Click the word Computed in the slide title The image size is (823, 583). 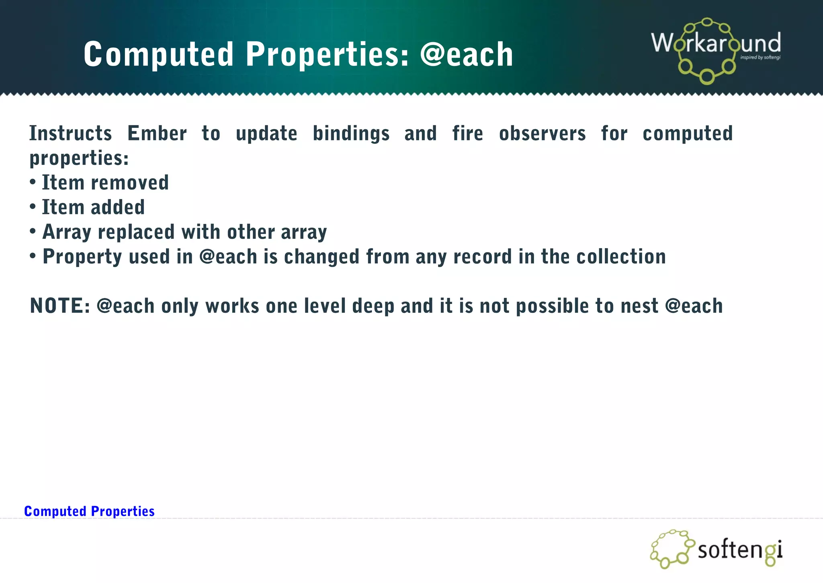click(x=158, y=55)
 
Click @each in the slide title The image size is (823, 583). click(x=467, y=55)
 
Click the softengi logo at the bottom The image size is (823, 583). click(x=717, y=549)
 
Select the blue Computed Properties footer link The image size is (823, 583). click(x=89, y=511)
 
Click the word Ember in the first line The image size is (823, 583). click(x=157, y=133)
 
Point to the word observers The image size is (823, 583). click(x=543, y=133)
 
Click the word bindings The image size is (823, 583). click(x=351, y=133)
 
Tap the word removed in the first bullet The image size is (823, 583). click(x=130, y=183)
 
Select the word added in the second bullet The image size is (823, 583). click(x=118, y=207)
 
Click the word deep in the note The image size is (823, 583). click(x=373, y=306)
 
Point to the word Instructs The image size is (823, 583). click(x=71, y=133)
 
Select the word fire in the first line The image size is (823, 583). click(x=468, y=133)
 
